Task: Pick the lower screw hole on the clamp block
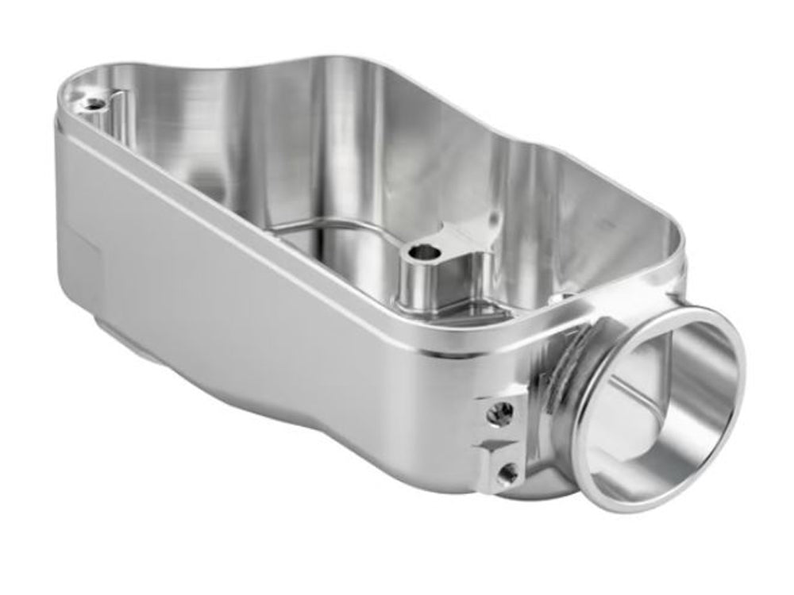(x=506, y=474)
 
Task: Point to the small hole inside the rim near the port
(x=567, y=297)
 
